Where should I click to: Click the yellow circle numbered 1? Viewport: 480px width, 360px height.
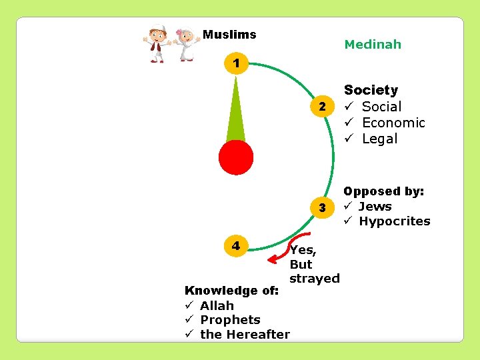(x=235, y=65)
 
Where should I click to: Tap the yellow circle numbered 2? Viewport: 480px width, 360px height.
(x=322, y=107)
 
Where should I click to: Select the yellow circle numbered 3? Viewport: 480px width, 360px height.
(x=322, y=207)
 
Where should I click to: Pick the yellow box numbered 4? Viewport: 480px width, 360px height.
(x=236, y=245)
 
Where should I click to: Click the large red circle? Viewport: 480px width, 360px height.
(x=236, y=157)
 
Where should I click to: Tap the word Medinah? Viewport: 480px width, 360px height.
(x=373, y=45)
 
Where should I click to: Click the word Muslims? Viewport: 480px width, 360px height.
(x=229, y=34)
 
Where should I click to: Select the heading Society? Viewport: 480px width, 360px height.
(x=371, y=90)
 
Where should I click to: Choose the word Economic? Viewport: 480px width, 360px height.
(x=393, y=123)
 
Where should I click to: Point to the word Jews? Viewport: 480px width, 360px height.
(x=375, y=207)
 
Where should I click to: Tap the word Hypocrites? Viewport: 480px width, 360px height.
(x=395, y=221)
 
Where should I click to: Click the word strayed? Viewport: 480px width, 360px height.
(x=315, y=278)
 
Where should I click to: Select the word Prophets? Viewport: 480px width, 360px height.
(x=230, y=320)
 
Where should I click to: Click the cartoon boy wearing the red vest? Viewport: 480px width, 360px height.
(x=157, y=44)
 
